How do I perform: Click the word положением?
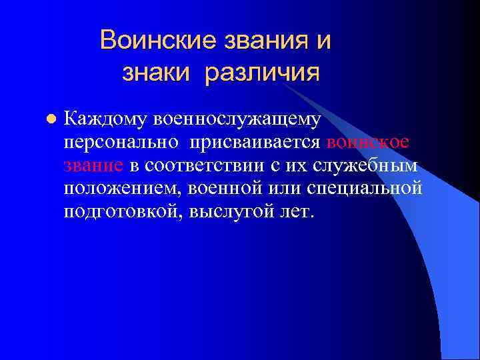tap(123, 188)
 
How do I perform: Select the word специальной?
tap(365, 188)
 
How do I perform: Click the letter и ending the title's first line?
tap(322, 41)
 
